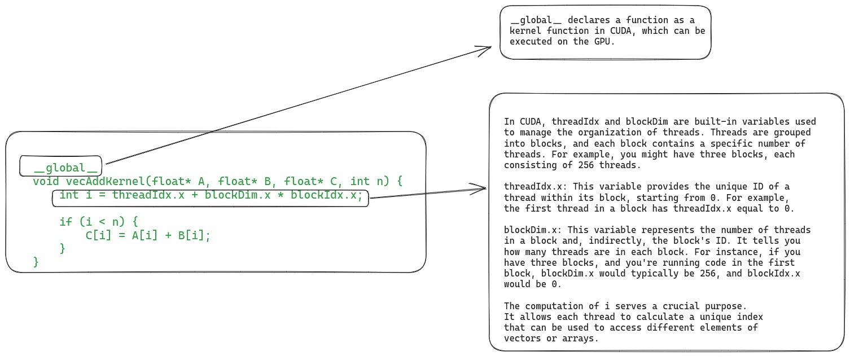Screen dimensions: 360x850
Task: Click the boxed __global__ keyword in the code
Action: pyautogui.click(x=61, y=168)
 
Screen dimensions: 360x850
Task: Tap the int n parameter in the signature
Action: pyautogui.click(x=370, y=181)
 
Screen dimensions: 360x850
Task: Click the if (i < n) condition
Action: pyautogui.click(x=98, y=222)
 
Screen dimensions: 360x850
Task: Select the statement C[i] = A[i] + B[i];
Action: pyautogui.click(x=148, y=235)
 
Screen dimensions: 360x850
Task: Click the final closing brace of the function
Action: pyautogui.click(x=36, y=262)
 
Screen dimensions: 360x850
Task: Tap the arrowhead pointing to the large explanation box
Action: pyautogui.click(x=483, y=188)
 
